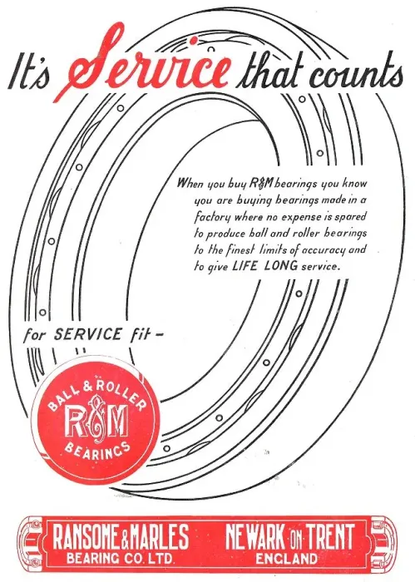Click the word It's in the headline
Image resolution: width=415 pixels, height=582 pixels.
pos(29,75)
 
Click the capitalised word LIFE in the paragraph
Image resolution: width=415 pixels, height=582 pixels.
pos(245,266)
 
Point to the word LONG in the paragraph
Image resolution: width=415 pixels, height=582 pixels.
pos(281,266)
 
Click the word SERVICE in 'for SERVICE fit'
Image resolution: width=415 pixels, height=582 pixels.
pos(87,334)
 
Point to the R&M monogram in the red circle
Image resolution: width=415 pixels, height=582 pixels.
pos(96,422)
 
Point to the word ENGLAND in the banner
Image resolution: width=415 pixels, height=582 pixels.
pos(287,558)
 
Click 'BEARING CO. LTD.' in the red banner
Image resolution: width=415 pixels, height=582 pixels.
pos(121,558)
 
